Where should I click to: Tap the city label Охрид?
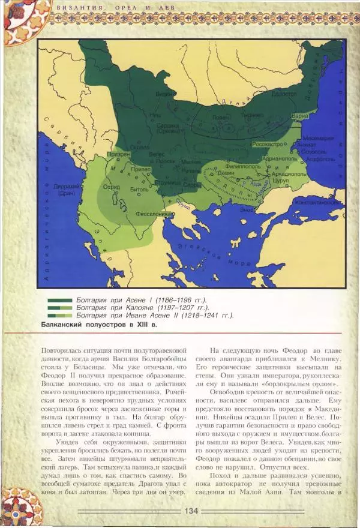click(112, 187)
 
